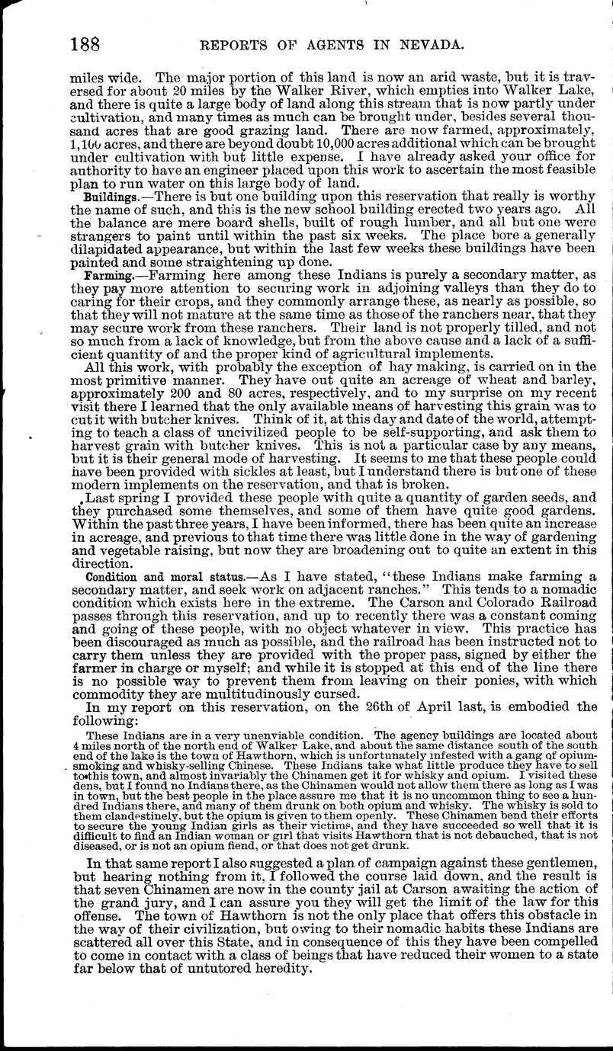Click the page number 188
pyautogui.click(x=84, y=45)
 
